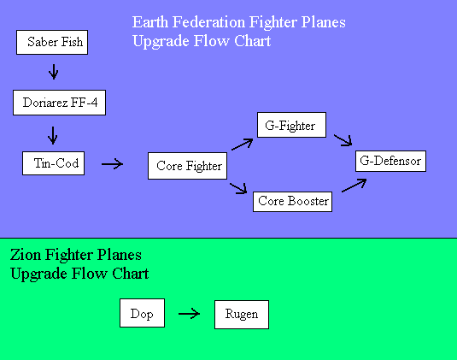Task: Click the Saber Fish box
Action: point(52,42)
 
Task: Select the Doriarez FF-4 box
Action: point(60,103)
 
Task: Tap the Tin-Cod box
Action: point(54,163)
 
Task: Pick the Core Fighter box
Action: point(187,166)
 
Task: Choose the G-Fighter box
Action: point(292,125)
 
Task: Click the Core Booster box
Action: point(293,202)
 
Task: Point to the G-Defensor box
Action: point(391,161)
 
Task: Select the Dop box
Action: point(143,313)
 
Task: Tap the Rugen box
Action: point(242,315)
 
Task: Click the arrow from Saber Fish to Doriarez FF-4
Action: point(53,72)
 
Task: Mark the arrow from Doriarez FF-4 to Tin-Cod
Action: point(53,135)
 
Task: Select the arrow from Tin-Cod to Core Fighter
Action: point(112,164)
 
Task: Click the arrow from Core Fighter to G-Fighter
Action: point(243,145)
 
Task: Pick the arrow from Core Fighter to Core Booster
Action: point(238,188)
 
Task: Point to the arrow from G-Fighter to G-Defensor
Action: point(343,140)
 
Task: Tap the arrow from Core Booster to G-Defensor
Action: point(354,186)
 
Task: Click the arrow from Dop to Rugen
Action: point(189,314)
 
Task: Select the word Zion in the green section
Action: point(26,255)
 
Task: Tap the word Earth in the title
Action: point(150,22)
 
